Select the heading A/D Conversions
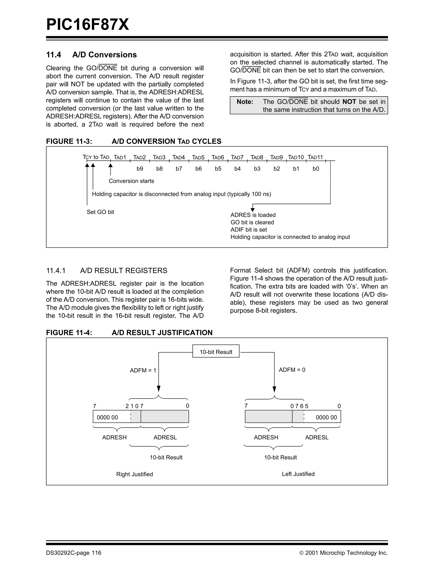coord(105,55)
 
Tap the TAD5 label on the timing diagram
coord(198,157)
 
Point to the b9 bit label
coord(140,169)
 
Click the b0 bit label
coord(316,169)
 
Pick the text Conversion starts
coord(131,181)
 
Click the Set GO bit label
coord(100,212)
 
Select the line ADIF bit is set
coord(249,230)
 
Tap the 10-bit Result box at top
coord(216,352)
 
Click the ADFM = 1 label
coord(143,371)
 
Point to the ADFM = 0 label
coord(292,370)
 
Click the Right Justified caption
coord(134,474)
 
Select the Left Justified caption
coord(298,474)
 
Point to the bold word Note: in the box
coord(245,102)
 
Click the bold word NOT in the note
coord(349,102)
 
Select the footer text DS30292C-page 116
coord(74,553)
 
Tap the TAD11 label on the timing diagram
coord(315,157)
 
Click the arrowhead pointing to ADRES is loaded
coord(253,210)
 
